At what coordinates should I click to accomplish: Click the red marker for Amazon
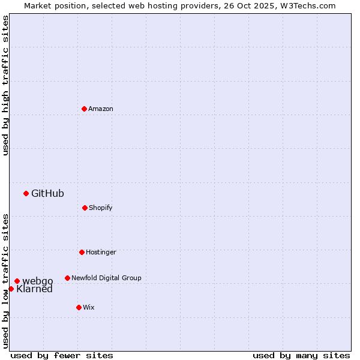pos(85,109)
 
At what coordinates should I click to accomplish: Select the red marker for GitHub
pos(26,193)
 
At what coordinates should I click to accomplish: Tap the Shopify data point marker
pos(85,208)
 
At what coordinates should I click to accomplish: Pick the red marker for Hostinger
pos(82,252)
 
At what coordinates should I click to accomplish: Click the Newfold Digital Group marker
pos(67,278)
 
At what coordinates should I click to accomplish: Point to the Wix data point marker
pos(79,307)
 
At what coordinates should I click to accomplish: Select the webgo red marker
pos(17,281)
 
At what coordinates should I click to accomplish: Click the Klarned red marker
pos(11,289)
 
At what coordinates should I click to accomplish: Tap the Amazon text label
pos(101,109)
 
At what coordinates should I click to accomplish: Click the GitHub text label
pos(47,193)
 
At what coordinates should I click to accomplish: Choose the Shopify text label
pos(101,208)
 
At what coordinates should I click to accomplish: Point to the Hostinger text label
pos(101,252)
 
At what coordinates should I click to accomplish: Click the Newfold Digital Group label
pos(106,278)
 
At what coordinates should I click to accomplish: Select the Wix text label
pos(89,307)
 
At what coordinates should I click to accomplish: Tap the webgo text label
pos(38,281)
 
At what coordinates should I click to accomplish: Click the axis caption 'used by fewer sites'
pos(62,355)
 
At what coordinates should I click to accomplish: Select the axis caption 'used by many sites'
pos(301,355)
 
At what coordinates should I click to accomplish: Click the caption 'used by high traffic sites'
pos(5,85)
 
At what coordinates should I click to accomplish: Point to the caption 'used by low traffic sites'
pos(5,280)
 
